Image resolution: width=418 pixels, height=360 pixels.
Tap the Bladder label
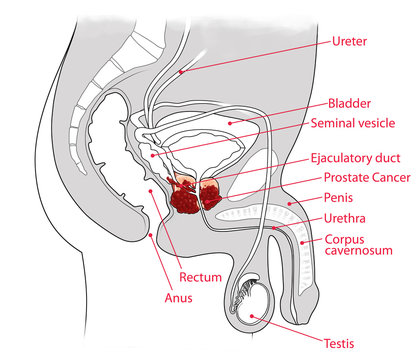(350, 102)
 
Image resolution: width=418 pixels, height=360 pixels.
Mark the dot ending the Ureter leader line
(181, 71)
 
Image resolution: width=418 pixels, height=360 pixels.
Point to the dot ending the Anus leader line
(150, 234)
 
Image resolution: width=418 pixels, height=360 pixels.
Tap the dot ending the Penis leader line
(290, 204)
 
